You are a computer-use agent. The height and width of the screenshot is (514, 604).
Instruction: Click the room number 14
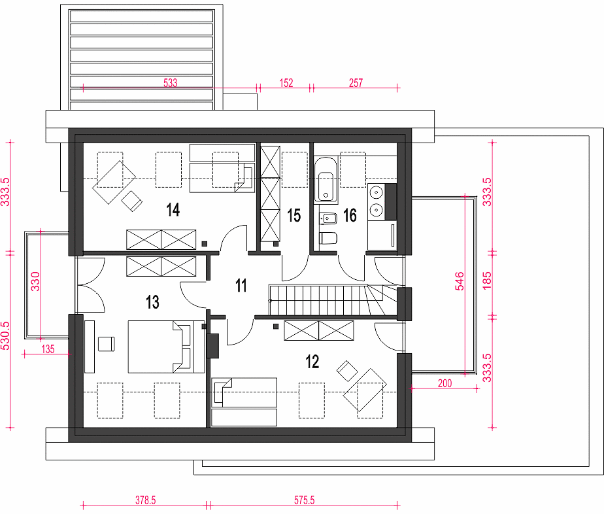click(x=173, y=210)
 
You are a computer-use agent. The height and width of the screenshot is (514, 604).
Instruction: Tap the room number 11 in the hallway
click(x=241, y=286)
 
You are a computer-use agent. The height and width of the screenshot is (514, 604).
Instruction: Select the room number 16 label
click(x=350, y=215)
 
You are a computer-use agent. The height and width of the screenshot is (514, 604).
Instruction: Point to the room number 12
click(x=312, y=362)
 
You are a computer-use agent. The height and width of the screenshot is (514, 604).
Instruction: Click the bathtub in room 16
click(x=326, y=180)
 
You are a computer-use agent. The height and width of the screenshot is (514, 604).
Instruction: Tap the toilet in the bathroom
click(x=328, y=238)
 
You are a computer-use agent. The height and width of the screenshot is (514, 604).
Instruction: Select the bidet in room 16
click(x=328, y=218)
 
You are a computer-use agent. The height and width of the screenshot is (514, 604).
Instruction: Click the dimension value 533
click(x=170, y=83)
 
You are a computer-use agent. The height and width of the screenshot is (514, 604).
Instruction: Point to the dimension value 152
click(x=286, y=83)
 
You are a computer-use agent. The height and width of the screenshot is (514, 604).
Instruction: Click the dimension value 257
click(x=356, y=83)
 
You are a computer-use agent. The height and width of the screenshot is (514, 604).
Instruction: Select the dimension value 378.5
click(x=146, y=500)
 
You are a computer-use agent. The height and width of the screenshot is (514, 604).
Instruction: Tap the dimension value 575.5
click(x=305, y=500)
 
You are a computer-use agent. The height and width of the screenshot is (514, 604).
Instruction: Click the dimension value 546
click(x=460, y=281)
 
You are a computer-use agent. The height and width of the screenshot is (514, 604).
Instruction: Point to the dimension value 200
click(x=445, y=383)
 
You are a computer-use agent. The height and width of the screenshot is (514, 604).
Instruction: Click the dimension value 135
click(x=48, y=349)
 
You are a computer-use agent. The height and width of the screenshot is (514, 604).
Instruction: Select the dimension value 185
click(x=487, y=281)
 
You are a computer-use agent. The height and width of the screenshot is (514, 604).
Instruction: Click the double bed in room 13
click(x=166, y=347)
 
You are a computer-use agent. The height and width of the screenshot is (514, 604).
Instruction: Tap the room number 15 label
click(x=294, y=215)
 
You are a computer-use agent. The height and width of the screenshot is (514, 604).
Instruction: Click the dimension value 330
click(x=35, y=281)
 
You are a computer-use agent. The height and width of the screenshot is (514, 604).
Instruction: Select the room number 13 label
click(x=152, y=302)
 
